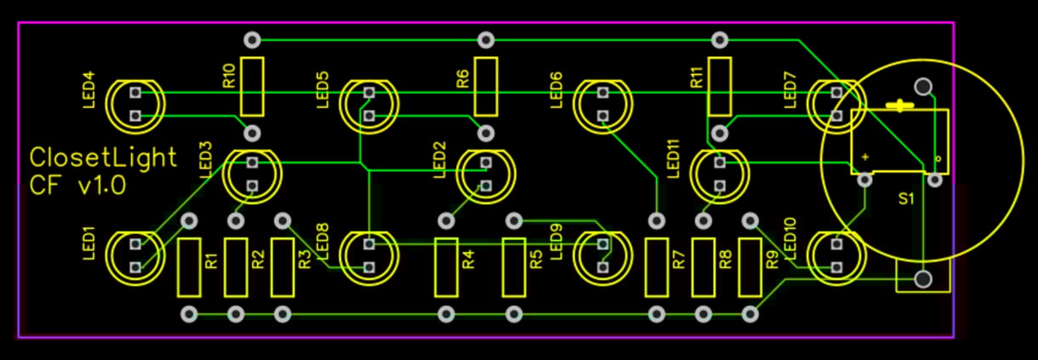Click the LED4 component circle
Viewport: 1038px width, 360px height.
134,104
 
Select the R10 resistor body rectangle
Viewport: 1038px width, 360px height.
252,86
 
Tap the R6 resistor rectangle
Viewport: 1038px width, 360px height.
486,86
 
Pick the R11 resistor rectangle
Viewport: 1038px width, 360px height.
720,86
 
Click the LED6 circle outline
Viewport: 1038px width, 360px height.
602,104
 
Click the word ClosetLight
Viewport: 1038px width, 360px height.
104,157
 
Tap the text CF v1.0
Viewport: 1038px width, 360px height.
77,185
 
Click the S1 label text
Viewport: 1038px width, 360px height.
906,199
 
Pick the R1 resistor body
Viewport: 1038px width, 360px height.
189,267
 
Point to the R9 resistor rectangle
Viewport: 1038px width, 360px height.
750,267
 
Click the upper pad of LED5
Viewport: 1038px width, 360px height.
368,92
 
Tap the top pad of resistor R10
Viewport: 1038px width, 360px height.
252,39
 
